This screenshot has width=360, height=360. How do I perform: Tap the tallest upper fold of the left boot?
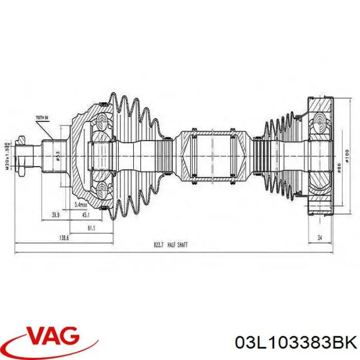(114, 103)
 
